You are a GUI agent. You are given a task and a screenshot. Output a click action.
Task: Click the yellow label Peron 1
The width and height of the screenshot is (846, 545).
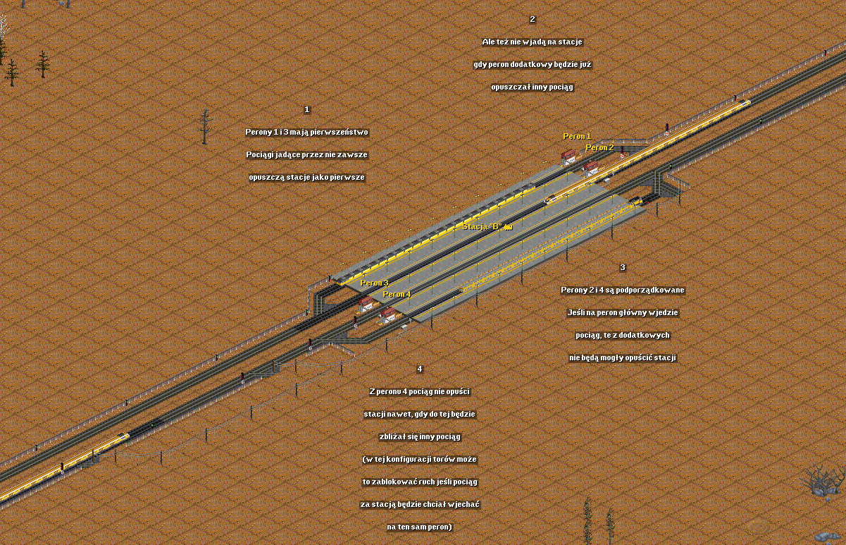click(577, 136)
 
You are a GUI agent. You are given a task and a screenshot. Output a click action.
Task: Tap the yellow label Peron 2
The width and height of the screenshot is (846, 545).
click(599, 147)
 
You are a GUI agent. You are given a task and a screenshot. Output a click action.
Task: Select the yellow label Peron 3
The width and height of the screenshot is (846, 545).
click(374, 283)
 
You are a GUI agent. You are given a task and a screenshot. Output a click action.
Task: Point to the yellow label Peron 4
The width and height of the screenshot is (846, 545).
click(397, 294)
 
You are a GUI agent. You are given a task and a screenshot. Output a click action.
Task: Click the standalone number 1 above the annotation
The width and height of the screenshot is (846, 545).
click(306, 109)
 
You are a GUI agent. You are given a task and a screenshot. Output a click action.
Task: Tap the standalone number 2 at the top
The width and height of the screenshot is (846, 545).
click(532, 19)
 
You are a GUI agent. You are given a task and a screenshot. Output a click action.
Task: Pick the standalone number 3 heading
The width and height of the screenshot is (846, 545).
click(622, 267)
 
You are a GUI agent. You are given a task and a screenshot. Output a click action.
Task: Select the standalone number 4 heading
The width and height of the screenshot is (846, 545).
click(420, 369)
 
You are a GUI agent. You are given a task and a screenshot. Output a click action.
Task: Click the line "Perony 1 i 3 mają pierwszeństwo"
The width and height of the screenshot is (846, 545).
click(306, 132)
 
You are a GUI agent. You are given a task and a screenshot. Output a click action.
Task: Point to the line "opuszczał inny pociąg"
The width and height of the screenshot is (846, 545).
click(532, 87)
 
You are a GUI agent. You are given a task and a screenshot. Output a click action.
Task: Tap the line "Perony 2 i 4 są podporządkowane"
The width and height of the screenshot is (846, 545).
click(622, 290)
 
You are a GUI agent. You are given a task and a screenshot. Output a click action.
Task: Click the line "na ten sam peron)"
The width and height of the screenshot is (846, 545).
click(419, 527)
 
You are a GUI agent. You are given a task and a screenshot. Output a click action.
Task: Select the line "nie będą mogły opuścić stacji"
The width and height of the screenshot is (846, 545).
click(622, 357)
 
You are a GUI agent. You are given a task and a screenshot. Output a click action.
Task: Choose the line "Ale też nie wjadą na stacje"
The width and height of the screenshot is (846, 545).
click(532, 42)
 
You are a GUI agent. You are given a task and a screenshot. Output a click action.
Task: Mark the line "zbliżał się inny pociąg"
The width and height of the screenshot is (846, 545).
click(419, 436)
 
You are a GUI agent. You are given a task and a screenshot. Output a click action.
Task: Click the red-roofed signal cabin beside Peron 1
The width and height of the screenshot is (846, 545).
click(568, 157)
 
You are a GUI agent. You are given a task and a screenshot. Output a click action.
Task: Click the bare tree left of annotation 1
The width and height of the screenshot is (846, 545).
click(205, 127)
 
